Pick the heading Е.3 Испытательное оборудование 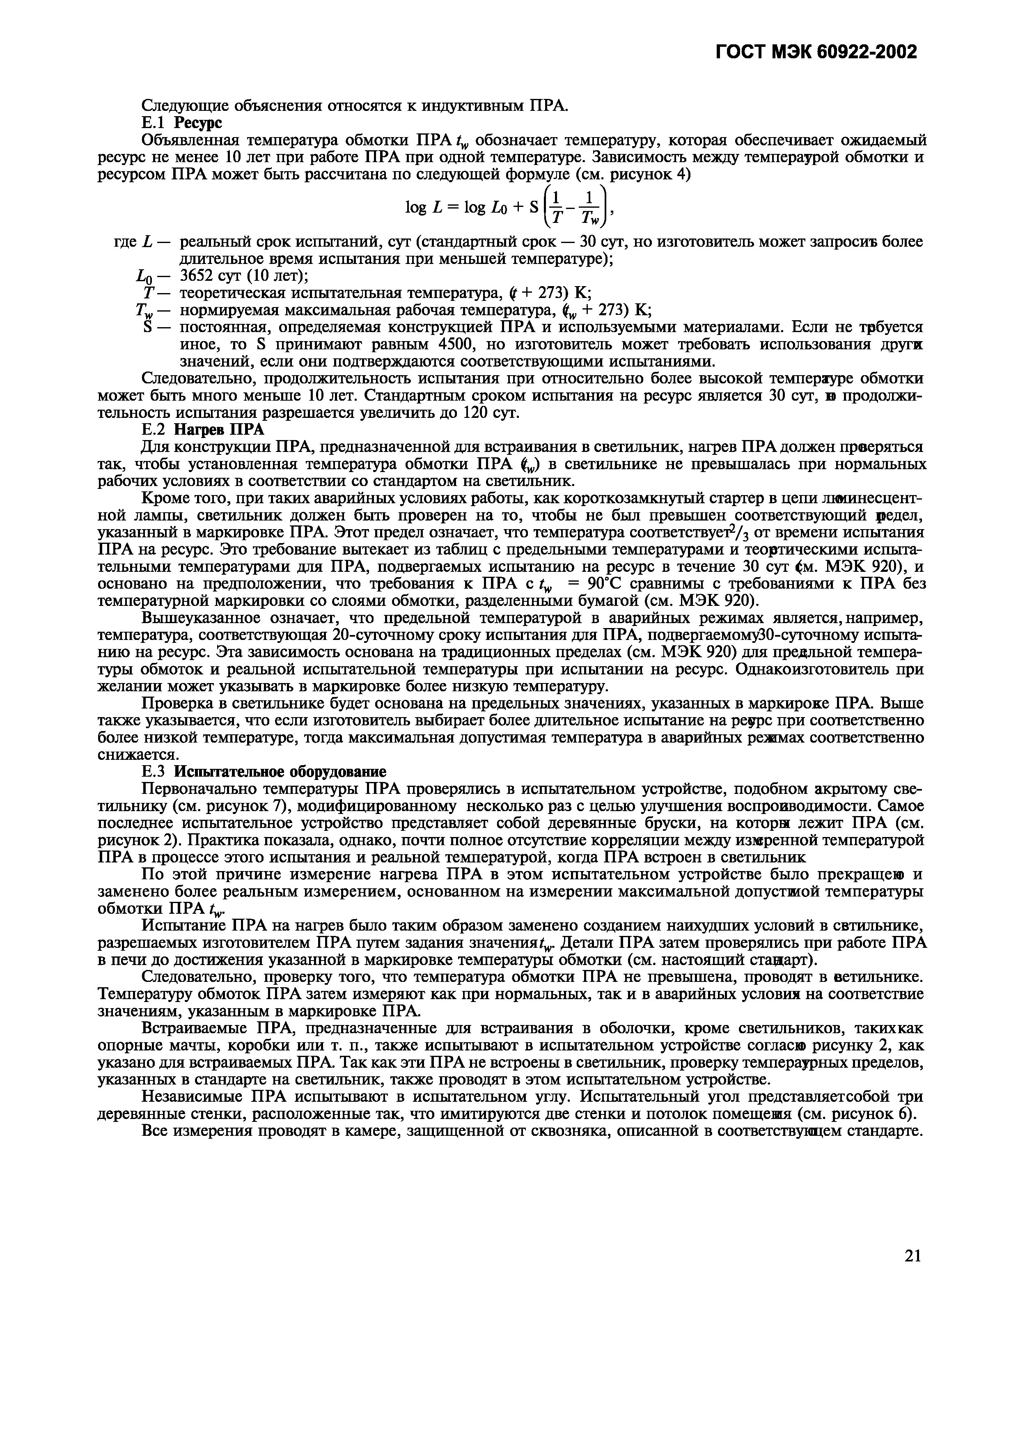click(x=264, y=771)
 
